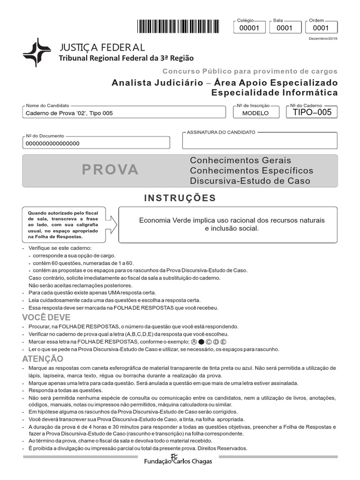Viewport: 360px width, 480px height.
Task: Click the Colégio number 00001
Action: pos(249,28)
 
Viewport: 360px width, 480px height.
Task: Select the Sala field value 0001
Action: pos(285,28)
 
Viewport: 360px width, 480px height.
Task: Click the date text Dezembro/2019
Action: pos(322,38)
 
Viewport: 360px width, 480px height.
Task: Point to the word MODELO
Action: pos(255,113)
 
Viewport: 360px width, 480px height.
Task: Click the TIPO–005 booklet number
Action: pos(312,112)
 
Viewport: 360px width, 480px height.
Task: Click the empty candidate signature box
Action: pos(259,141)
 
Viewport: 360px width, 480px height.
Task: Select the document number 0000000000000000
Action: pos(52,143)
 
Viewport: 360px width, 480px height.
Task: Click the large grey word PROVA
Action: pos(111,170)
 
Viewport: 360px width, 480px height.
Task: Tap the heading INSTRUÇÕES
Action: pos(180,198)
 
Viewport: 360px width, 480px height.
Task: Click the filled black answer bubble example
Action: pos(201,342)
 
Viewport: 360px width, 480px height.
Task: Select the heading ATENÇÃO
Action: pos(42,359)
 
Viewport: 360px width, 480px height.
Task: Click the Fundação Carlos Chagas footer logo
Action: pos(178,460)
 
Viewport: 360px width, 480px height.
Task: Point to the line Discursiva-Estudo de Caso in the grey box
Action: pos(250,181)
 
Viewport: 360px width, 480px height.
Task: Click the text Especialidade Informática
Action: pos(274,93)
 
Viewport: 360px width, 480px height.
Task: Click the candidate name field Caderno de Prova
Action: pos(69,113)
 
